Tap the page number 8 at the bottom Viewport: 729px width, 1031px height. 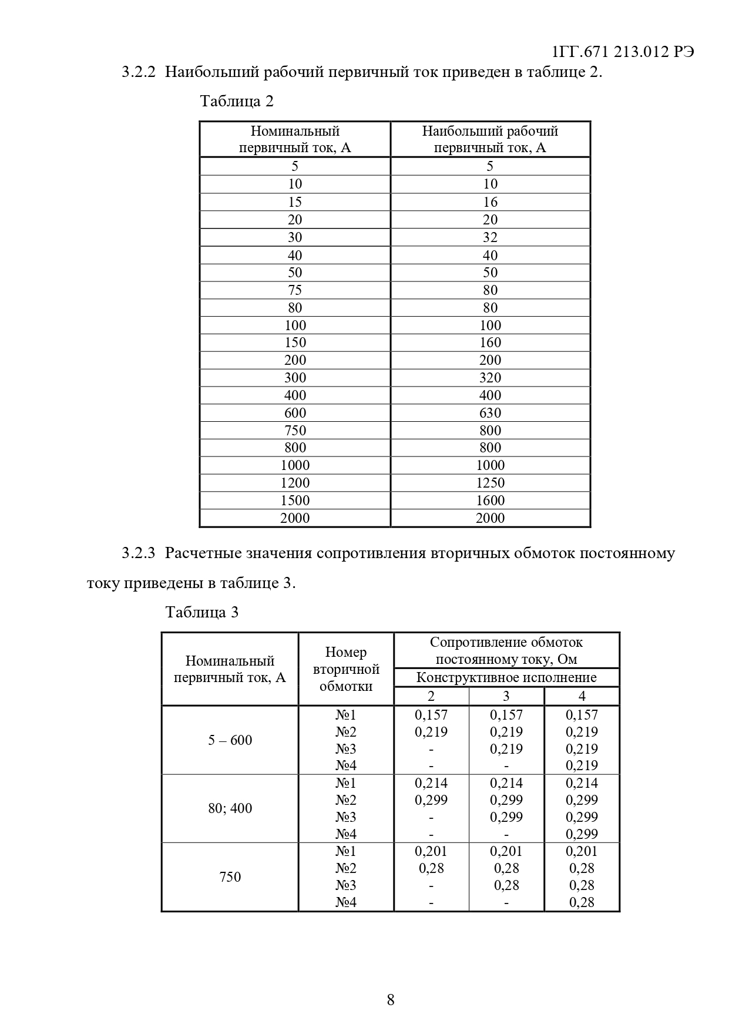[391, 999]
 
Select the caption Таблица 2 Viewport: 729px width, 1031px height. [237, 101]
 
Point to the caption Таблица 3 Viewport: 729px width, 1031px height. [202, 612]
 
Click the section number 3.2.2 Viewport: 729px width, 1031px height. [139, 72]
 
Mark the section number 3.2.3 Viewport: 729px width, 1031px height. [139, 553]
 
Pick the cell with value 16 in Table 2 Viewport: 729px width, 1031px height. [490, 202]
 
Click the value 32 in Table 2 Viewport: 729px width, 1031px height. [490, 237]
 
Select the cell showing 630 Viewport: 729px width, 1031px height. [490, 413]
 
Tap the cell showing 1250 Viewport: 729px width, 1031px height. [490, 483]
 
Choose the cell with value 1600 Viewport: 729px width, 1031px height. [490, 501]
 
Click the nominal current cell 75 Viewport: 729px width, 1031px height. [295, 290]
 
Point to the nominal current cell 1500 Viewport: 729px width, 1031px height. [295, 501]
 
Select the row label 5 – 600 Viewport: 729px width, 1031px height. [230, 740]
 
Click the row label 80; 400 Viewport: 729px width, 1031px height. [230, 808]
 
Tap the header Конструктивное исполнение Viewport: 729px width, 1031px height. [506, 677]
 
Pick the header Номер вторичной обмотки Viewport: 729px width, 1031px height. [346, 669]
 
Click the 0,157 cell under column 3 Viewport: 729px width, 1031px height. [506, 715]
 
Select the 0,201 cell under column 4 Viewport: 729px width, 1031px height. [582, 851]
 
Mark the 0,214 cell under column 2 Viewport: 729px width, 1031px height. [431, 783]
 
